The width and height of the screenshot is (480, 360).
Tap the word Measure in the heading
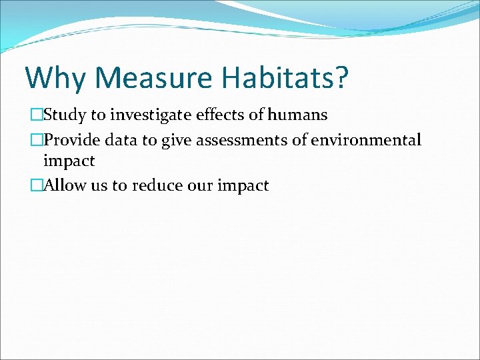tap(154, 77)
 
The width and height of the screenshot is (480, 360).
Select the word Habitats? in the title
tap(286, 77)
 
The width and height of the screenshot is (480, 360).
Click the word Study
tap(65, 115)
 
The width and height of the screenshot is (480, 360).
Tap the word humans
tap(297, 115)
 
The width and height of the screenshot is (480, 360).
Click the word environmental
tap(366, 141)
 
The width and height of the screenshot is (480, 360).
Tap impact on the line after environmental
tap(69, 161)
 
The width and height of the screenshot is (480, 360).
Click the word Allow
tap(63, 186)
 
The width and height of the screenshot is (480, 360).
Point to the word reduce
tap(158, 186)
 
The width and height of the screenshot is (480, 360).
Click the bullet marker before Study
tap(37, 115)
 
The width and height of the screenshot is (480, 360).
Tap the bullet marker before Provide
tap(37, 141)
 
